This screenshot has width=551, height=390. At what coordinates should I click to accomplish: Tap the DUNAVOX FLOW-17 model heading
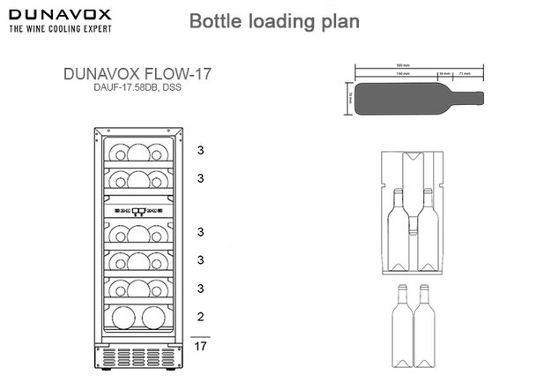pos(139,76)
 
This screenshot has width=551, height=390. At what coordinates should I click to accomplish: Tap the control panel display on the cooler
pos(139,211)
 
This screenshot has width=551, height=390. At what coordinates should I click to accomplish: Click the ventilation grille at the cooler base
pos(139,357)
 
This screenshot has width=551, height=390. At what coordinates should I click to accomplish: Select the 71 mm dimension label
pos(465,75)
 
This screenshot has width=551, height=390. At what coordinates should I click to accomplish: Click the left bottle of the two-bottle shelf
pos(123,317)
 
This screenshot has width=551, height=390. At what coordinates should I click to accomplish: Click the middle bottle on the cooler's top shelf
pos(139,150)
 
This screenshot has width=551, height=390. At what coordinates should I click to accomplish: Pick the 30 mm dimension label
pos(443,75)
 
